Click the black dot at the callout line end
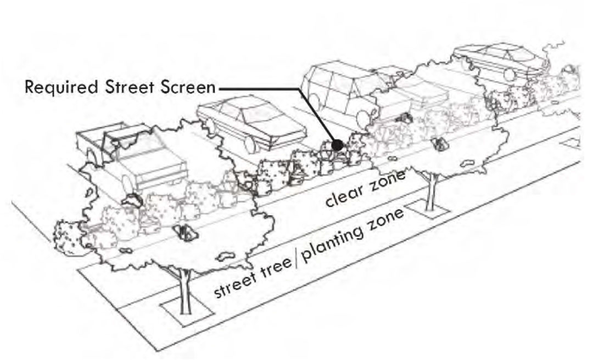(x=337, y=144)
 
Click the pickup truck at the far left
(x=132, y=159)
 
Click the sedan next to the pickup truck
(x=250, y=123)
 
